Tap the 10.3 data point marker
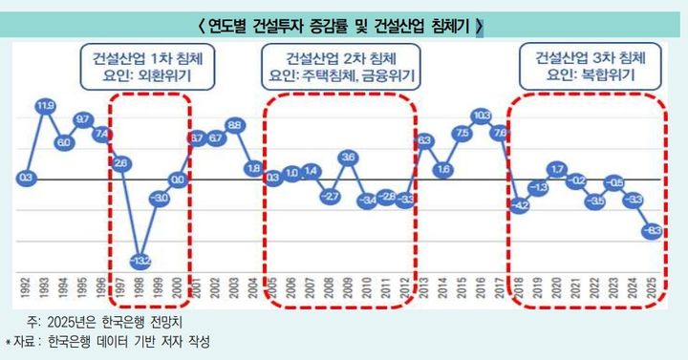[482, 116]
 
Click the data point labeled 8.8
[234, 125]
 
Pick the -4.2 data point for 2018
[520, 204]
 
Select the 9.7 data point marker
[83, 119]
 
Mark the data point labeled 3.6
[349, 157]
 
